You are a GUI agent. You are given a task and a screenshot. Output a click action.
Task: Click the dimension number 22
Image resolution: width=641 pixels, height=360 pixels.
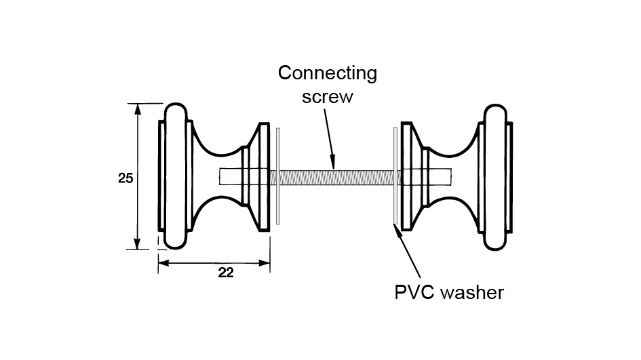point(226,273)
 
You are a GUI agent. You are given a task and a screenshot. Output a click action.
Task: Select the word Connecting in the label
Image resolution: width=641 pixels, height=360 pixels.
point(328,73)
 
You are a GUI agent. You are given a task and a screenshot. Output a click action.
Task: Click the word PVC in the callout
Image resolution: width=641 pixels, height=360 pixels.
point(414,292)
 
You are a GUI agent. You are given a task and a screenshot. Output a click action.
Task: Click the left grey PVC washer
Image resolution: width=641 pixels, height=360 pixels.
point(278,176)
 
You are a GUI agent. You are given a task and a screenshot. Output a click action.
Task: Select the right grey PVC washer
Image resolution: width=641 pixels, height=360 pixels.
point(395,176)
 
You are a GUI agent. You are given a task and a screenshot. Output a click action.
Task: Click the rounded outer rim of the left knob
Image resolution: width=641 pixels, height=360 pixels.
point(176,176)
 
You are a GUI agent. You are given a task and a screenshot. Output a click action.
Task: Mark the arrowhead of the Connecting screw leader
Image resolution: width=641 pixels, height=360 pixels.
point(332,164)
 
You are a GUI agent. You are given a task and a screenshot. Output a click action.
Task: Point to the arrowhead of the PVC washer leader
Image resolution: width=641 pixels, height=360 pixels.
point(397,228)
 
